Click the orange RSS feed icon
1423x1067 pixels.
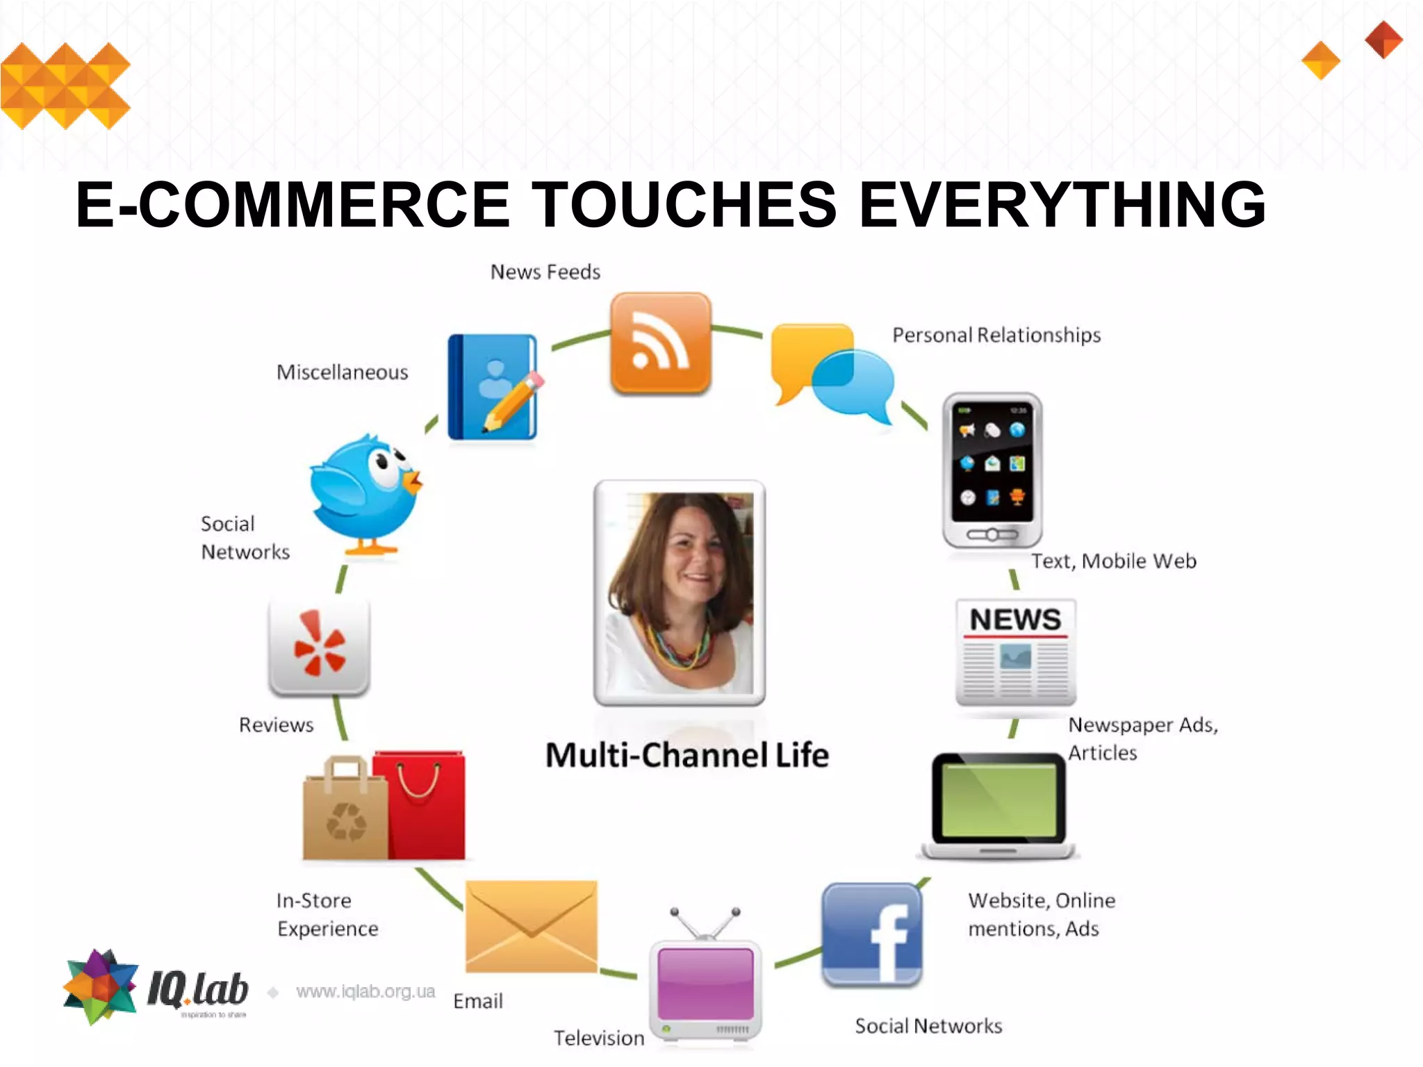click(x=661, y=343)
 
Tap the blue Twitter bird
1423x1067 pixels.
click(x=365, y=493)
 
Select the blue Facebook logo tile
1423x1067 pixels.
click(x=872, y=934)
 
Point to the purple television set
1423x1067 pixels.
click(x=705, y=986)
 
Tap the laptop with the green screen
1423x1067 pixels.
click(x=998, y=806)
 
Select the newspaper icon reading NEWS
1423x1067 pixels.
click(x=1016, y=652)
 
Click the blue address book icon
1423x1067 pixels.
click(x=493, y=387)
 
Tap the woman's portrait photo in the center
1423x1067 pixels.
click(x=680, y=592)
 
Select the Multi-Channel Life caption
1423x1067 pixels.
click(x=687, y=755)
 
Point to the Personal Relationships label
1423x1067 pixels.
click(x=996, y=336)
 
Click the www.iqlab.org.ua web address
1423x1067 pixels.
click(x=365, y=991)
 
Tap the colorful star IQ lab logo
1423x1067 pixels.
click(x=101, y=986)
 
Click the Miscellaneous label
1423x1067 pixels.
click(x=343, y=372)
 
